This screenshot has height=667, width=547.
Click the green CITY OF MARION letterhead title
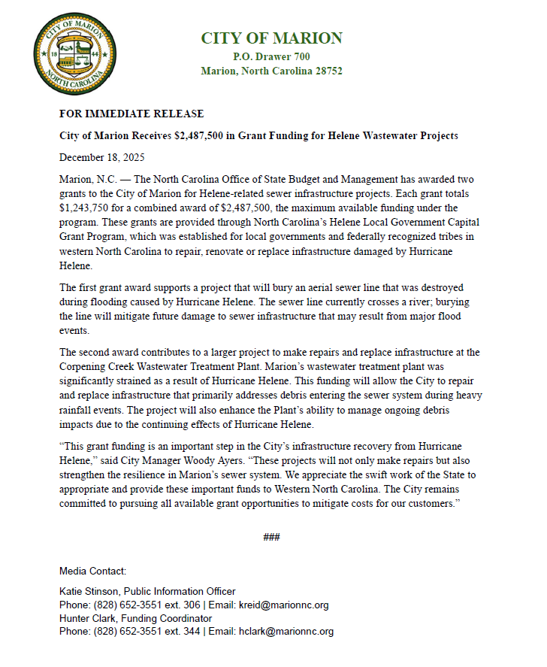click(271, 38)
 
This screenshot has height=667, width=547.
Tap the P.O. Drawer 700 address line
click(271, 56)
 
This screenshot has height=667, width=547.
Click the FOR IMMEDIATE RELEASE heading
click(131, 114)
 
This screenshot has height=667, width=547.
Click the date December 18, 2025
click(102, 158)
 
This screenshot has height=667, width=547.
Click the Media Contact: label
click(92, 571)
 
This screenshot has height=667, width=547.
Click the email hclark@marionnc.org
click(280, 632)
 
